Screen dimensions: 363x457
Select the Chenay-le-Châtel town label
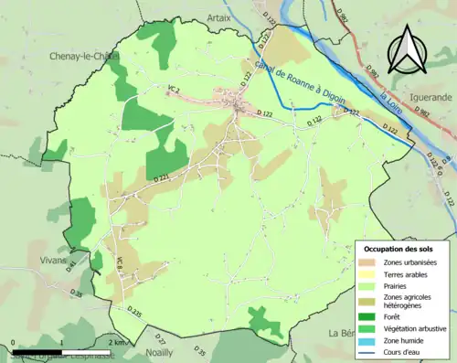[83, 56]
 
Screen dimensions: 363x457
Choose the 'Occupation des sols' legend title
[399, 249]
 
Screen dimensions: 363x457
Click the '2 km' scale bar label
[114, 342]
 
